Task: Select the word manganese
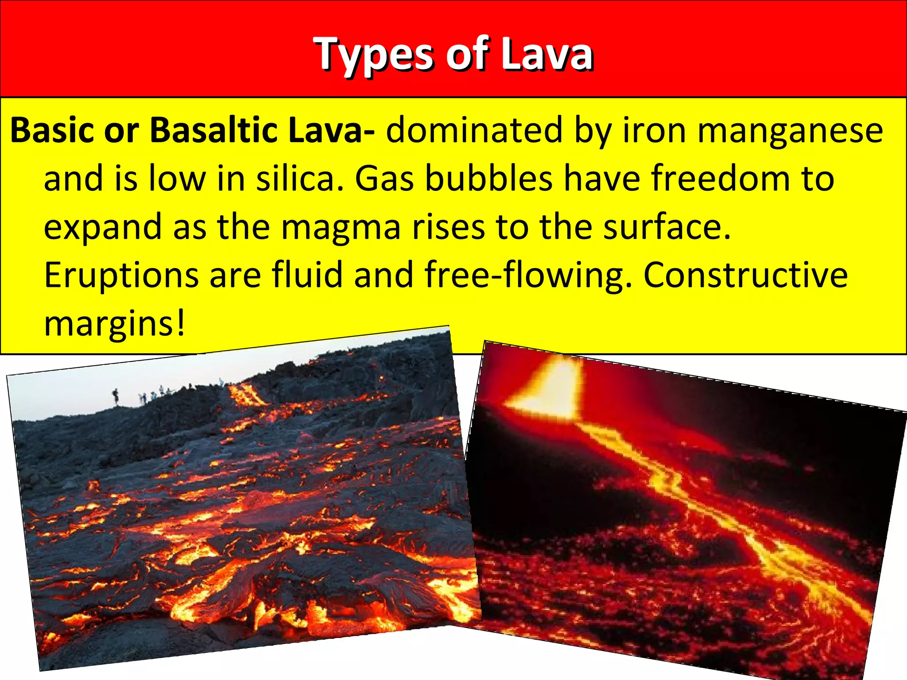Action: (x=791, y=131)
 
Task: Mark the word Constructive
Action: (x=745, y=275)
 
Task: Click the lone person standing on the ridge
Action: (x=116, y=396)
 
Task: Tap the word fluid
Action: (x=307, y=275)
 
